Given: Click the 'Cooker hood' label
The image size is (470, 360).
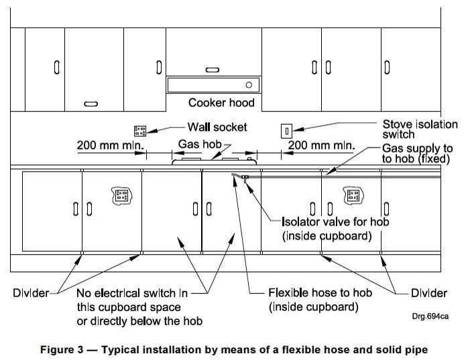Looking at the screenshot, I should click(221, 103).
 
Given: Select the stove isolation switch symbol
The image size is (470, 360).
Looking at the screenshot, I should click(286, 130).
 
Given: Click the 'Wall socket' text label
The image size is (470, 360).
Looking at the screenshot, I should click(217, 127).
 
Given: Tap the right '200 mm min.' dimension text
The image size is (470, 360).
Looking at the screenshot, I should click(321, 145).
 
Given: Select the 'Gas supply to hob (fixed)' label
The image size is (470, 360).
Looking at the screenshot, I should click(416, 154).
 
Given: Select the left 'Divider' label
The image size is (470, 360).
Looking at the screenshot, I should click(30, 293).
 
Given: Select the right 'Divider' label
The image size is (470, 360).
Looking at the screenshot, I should click(428, 293).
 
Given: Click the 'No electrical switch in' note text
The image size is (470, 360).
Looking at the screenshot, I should click(132, 293).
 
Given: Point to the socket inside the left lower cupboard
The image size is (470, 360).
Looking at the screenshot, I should click(121, 196).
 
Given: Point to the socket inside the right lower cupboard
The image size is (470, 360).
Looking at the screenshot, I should click(353, 196).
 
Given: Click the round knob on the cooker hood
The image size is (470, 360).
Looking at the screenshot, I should click(249, 85).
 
